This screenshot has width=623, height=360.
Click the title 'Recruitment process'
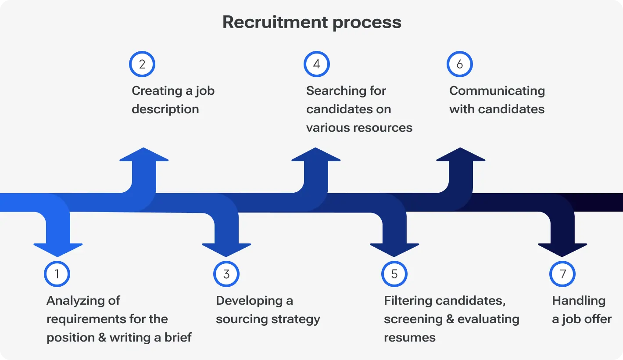tap(311, 22)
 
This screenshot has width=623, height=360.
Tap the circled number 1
tap(57, 274)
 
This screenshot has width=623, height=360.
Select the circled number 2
tap(142, 64)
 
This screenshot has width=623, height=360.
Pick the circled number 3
tap(226, 274)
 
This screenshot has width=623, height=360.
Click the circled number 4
tap(316, 64)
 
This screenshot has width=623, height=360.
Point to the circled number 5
tap(394, 274)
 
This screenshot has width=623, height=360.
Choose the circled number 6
tap(459, 64)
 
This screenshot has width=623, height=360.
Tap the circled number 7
tap(562, 274)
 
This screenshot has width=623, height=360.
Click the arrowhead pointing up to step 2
tap(144, 156)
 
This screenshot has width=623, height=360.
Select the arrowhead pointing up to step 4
tap(316, 156)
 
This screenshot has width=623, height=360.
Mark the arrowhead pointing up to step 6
tap(461, 156)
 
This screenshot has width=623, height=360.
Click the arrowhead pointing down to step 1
tap(58, 249)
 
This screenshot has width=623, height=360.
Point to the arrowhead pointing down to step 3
tap(226, 249)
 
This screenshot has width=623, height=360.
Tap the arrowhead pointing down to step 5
tap(394, 249)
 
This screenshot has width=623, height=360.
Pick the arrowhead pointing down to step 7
tap(562, 249)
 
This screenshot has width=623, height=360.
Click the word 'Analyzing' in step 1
tap(71, 301)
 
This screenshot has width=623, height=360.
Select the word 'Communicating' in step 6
tap(497, 91)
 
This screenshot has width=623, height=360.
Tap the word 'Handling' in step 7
tap(578, 301)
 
